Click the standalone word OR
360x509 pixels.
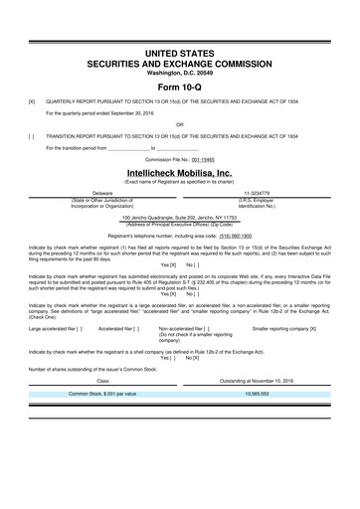(180, 124)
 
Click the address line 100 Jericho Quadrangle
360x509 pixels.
(180, 217)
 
